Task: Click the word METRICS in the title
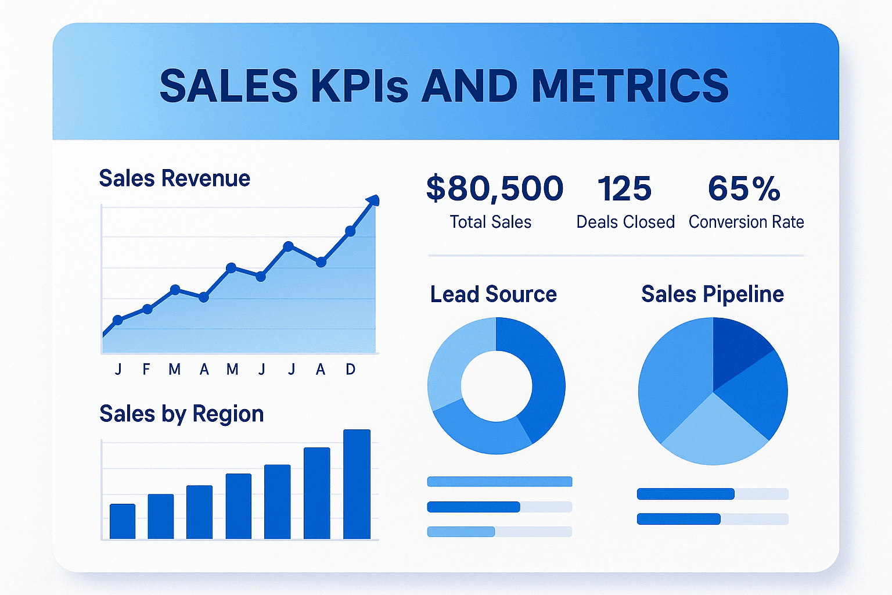630,86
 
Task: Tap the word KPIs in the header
359,86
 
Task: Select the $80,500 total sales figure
494,189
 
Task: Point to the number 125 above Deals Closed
624,189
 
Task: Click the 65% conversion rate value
744,189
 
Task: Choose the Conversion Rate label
746,222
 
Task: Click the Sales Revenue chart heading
174,178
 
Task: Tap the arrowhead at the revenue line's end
373,200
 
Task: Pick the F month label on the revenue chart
146,369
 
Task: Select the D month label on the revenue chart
350,369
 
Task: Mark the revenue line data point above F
148,309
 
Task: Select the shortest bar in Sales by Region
123,521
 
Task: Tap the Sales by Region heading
181,414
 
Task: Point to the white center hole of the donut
496,385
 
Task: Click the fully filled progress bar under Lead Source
499,481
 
